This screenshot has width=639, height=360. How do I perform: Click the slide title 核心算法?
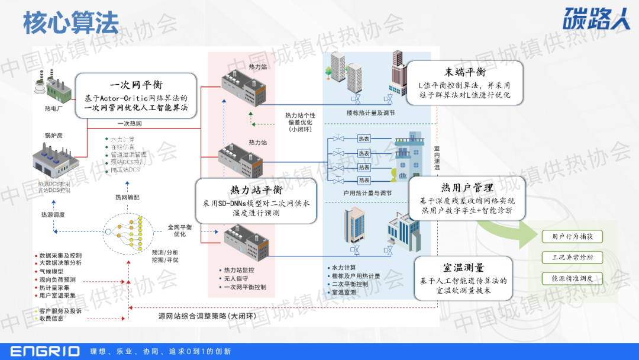[x=70, y=22]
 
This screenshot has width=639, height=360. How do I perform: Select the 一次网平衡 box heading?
[x=136, y=85]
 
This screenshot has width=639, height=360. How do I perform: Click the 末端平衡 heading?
[x=465, y=72]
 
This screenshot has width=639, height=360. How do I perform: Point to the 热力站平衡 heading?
[x=255, y=189]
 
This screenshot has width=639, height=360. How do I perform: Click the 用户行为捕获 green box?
[x=572, y=236]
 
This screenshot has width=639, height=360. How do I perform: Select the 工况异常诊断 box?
[x=572, y=257]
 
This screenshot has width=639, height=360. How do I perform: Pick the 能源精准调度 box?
[x=572, y=278]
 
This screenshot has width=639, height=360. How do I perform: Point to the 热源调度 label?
[x=53, y=214]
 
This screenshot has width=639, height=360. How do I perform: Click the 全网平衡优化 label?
[x=180, y=230]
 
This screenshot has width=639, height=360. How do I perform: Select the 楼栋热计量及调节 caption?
[x=370, y=112]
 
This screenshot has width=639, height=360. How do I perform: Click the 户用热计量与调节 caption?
[x=367, y=192]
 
